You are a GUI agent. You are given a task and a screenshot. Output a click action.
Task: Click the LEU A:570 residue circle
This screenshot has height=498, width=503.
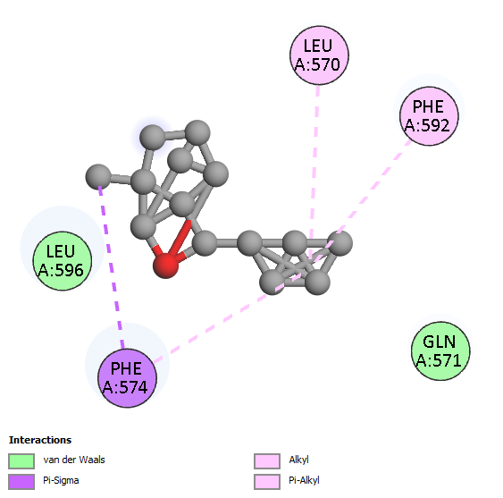tap(319, 55)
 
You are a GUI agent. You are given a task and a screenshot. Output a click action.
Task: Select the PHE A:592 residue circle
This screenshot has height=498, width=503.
tap(429, 116)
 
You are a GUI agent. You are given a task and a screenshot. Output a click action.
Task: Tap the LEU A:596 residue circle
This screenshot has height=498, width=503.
tap(63, 261)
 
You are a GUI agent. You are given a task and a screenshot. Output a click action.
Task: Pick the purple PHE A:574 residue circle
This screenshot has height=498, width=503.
tap(127, 378)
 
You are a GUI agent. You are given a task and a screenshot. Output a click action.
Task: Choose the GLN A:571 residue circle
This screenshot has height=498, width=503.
tap(440, 350)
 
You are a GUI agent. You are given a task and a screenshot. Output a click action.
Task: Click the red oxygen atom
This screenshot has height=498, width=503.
tap(166, 266)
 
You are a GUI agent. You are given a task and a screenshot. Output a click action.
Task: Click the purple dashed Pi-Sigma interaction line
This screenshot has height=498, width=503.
tap(111, 267)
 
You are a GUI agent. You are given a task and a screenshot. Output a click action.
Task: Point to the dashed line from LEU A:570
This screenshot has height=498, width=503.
tap(314, 172)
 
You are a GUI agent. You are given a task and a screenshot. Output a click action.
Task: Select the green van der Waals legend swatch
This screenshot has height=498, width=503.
tap(21, 461)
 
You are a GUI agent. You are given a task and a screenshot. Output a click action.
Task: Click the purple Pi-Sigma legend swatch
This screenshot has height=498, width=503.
tap(21, 482)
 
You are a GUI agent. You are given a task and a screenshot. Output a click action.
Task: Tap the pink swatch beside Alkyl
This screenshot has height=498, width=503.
tap(267, 461)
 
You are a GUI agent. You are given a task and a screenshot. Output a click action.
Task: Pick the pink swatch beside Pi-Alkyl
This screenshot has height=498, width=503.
tap(267, 482)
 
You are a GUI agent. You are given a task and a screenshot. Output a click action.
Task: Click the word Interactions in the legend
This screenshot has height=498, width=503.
tap(40, 440)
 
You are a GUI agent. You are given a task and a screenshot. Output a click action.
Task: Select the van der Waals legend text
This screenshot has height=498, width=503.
tap(74, 460)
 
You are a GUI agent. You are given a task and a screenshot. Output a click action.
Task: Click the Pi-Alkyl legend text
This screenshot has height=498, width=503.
tap(304, 480)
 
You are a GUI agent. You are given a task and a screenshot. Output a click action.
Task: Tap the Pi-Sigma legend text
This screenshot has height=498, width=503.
tap(61, 480)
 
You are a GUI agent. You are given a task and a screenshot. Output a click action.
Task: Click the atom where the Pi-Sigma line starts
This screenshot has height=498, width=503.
tap(98, 176)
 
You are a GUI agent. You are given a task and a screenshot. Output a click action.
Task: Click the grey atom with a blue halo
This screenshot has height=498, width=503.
tap(153, 138)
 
